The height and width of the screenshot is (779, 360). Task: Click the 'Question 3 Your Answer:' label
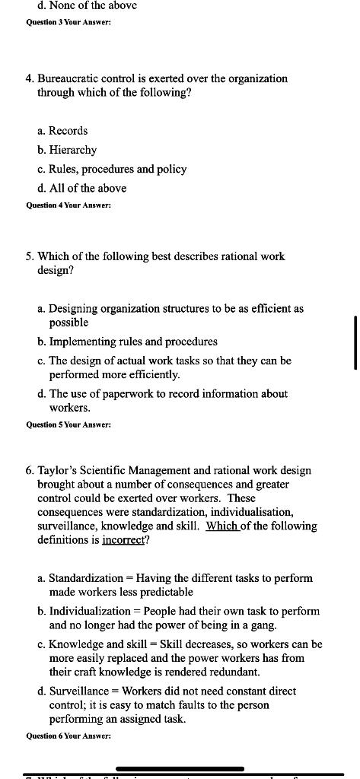click(68, 22)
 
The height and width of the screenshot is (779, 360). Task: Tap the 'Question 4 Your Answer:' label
click(68, 205)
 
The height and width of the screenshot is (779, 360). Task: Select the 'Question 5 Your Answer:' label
click(68, 424)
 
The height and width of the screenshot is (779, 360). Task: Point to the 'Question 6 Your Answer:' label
click(68, 736)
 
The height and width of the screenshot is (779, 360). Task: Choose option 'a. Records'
click(62, 131)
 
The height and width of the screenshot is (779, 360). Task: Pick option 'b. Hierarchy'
click(67, 150)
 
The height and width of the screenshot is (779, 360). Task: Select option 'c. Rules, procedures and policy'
click(112, 169)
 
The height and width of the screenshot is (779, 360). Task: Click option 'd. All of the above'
click(81, 188)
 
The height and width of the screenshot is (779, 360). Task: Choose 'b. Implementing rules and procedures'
click(127, 342)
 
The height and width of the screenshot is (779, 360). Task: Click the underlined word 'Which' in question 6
click(220, 526)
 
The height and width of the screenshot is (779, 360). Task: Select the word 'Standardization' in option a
click(85, 578)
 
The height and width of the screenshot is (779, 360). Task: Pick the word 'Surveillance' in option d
click(81, 691)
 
